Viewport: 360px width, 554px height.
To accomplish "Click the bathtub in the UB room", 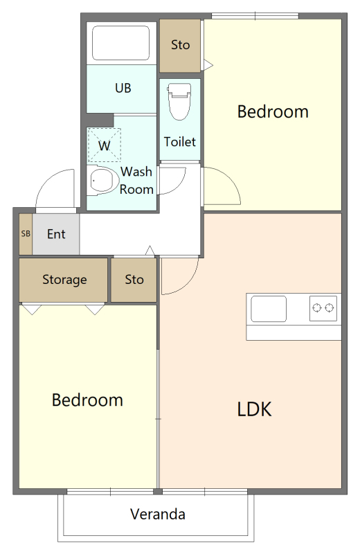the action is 120,43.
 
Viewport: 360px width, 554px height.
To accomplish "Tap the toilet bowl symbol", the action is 179,101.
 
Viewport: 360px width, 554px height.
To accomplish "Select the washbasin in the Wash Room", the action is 102,181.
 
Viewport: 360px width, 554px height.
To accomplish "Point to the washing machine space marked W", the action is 105,145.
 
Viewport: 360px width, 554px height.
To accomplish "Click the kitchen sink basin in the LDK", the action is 269,309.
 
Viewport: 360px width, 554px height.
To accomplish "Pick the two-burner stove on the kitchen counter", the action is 323,308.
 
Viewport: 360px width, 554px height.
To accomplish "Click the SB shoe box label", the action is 26,233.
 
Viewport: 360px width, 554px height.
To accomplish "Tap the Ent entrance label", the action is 56,234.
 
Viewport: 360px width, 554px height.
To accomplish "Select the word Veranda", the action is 158,514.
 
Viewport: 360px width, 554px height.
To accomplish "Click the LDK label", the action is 254,409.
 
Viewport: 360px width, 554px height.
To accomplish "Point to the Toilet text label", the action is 179,142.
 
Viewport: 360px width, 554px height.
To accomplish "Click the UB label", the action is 123,88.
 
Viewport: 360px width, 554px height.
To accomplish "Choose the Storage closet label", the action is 64,280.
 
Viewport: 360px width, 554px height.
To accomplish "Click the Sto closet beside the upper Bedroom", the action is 180,45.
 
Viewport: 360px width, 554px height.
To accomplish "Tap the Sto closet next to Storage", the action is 134,280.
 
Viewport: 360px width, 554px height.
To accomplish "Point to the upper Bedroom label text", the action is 273,111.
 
